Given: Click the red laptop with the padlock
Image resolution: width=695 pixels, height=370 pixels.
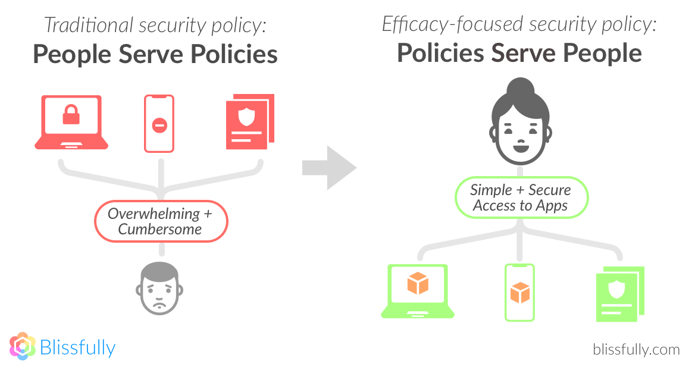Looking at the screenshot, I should tap(71, 121).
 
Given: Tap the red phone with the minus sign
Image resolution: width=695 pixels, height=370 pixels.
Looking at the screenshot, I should tap(159, 124).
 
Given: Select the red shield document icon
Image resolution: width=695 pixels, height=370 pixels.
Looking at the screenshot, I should tap(249, 122).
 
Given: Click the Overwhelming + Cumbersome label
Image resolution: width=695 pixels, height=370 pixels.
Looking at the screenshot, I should tap(161, 221).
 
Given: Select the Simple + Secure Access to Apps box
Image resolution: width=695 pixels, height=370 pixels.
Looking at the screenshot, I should tap(521, 197).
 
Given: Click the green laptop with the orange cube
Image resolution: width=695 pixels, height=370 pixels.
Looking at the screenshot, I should tap(418, 291).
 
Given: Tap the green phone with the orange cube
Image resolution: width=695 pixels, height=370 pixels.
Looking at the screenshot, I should tap(520, 292).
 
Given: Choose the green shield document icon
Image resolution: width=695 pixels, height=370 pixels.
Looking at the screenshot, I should tap(619, 294).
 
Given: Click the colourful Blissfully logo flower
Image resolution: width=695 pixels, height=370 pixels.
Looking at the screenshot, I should tap(23, 346).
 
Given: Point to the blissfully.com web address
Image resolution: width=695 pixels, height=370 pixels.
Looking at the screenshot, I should tap(636, 349).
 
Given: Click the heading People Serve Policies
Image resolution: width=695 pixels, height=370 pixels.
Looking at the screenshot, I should tap(155, 54).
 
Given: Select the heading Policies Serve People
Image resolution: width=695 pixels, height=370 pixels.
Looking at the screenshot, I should tap(519, 53).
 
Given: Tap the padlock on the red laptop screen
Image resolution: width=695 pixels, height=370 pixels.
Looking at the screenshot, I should tap(71, 115).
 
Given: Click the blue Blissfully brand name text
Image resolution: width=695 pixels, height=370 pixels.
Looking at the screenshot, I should tap(77, 347).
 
